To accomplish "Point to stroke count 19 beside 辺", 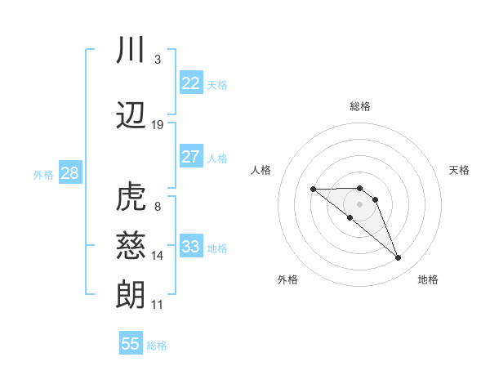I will click(158, 125).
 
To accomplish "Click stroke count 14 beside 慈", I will click(158, 256).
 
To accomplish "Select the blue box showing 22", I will click(191, 83).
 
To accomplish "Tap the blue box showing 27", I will click(191, 157).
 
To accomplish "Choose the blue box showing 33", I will click(191, 247).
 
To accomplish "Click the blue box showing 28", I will click(69, 173).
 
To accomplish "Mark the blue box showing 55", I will click(131, 344).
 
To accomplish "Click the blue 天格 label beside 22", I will click(217, 84).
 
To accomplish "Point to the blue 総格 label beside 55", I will click(157, 345).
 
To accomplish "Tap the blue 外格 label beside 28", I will click(43, 174).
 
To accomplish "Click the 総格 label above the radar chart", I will click(360, 106).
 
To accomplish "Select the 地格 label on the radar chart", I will click(428, 279).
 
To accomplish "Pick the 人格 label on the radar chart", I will click(261, 170).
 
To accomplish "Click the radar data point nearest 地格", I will click(399, 258).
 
